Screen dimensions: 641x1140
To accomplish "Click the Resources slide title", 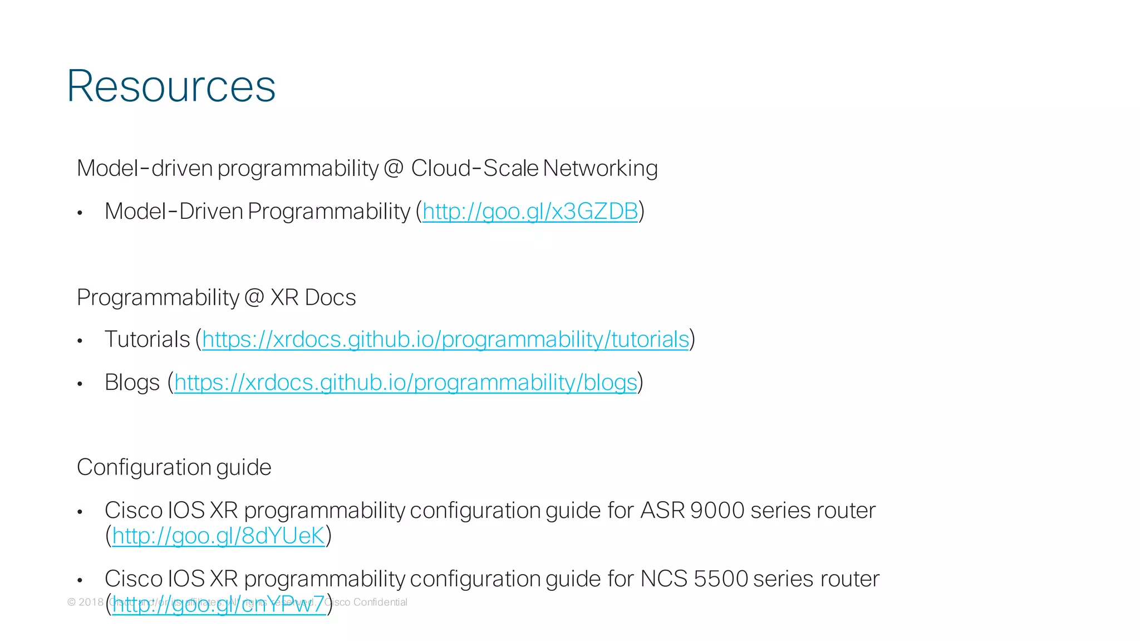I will tap(171, 86).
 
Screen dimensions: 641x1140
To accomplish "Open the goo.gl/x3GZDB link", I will tap(530, 212).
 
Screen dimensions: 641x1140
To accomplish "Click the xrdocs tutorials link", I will tap(445, 339).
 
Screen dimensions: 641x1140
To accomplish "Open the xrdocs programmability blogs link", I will tap(405, 383).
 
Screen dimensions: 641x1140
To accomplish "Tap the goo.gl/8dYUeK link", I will tap(218, 536).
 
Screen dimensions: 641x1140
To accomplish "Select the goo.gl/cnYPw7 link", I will tap(218, 605).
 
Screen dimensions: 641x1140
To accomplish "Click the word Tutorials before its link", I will tap(148, 339).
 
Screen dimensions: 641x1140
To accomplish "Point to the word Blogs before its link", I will tap(132, 383).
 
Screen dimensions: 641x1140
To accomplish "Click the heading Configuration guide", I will tap(174, 467).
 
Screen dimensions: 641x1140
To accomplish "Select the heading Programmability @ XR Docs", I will tap(217, 297).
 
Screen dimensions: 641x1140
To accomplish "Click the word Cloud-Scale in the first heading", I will tap(474, 168).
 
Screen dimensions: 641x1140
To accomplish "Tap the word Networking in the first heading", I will tap(600, 168).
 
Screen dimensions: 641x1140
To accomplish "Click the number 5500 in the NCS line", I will tap(720, 579).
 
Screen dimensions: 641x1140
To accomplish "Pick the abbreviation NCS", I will tap(664, 579).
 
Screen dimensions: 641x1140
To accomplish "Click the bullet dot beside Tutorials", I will tap(80, 341).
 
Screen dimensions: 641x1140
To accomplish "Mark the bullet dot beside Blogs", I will tap(80, 384).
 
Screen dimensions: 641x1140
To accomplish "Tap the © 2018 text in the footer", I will tap(86, 602).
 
